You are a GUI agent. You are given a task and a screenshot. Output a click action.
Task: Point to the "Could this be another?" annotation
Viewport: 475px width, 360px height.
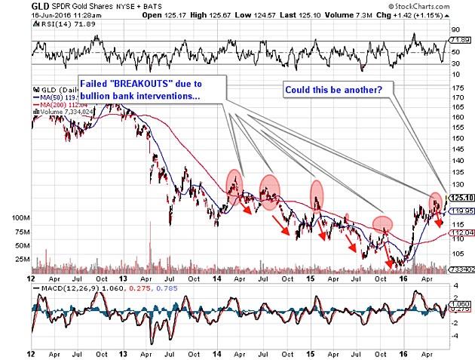333,89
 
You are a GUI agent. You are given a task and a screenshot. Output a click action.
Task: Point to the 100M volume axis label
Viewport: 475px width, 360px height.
17,217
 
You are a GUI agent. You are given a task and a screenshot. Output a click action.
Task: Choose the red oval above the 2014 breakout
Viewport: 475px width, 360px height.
235,181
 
